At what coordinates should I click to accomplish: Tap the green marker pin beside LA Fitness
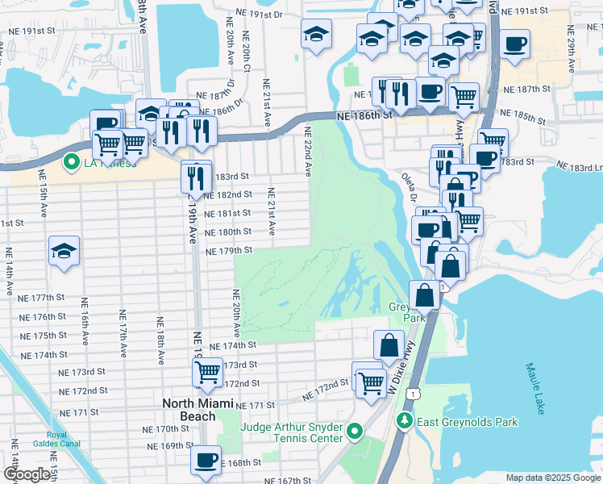(x=71, y=162)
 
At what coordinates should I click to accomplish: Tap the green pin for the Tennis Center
(x=356, y=436)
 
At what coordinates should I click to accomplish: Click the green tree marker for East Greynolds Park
(x=403, y=421)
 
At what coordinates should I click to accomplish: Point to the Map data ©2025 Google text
(x=552, y=478)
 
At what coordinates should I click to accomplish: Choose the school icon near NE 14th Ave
(x=64, y=251)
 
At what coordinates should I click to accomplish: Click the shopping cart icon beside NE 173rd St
(x=207, y=373)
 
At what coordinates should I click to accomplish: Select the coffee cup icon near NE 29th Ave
(x=514, y=45)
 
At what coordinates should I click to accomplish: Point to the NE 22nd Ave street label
(x=307, y=151)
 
